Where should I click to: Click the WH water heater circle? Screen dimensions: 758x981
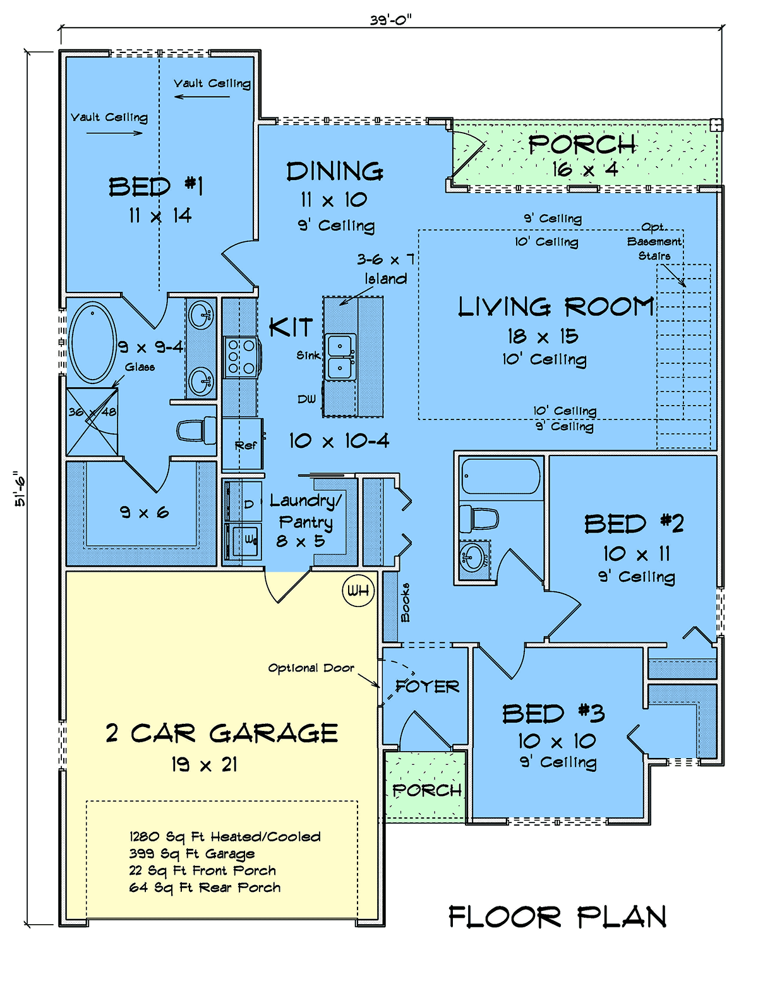pos(358,590)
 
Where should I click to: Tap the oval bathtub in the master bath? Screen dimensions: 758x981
pos(93,343)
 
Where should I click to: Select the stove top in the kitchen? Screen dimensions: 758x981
pos(241,357)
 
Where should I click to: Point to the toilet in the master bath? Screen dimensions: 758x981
pos(196,430)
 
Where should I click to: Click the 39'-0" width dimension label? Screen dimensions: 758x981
pos(391,20)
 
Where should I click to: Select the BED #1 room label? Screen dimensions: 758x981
pos(156,186)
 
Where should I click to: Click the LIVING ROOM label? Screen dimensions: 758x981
pos(556,307)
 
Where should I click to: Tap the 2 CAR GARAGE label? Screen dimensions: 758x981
pos(222,733)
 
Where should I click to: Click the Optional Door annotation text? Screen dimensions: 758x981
pos(311,668)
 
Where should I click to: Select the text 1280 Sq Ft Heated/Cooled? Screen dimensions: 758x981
pos(225,836)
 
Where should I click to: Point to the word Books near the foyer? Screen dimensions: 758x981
pos(405,602)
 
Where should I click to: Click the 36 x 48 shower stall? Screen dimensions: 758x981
pos(92,422)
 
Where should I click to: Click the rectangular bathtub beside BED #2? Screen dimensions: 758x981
pos(501,476)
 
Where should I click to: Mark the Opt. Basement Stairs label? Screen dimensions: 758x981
pos(654,241)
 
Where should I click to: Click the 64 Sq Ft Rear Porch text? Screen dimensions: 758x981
pos(205,888)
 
